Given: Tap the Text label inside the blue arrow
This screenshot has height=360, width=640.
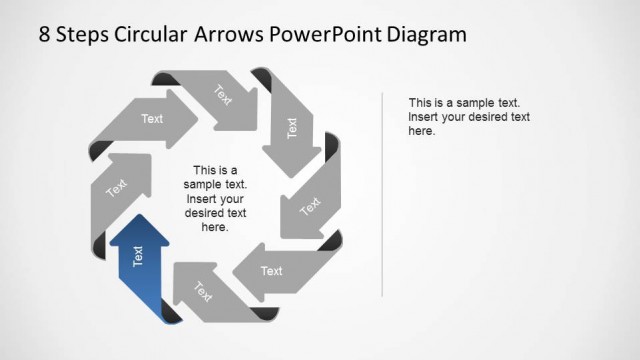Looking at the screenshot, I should click(138, 257).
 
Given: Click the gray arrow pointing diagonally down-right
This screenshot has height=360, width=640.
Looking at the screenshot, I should click(222, 97).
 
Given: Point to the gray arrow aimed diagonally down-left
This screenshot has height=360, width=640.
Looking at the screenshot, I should click(309, 207).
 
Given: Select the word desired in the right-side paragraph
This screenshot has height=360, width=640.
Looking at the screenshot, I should click(479, 117).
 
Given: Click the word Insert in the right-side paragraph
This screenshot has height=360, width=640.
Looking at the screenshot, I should click(426, 117).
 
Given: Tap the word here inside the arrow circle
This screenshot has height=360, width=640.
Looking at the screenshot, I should click(215, 227).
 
